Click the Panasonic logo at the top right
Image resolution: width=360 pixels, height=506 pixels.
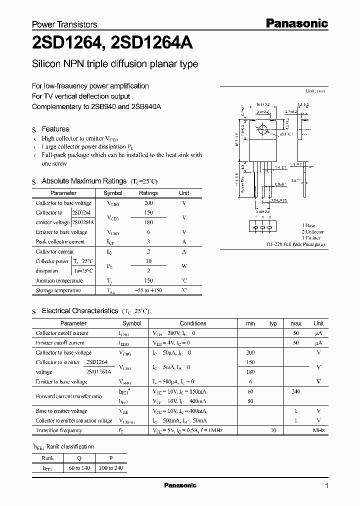[x=295, y=23]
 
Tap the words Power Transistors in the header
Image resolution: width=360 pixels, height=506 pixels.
[x=64, y=24]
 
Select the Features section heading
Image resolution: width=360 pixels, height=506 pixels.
[x=55, y=129]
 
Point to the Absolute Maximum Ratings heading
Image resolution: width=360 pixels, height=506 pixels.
[x=84, y=181]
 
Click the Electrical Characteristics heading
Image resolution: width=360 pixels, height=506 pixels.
[x=79, y=311]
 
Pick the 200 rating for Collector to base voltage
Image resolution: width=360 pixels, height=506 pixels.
[x=148, y=203]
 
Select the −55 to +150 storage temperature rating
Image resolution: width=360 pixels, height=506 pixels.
[x=148, y=290]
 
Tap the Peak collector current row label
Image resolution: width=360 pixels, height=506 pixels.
[x=60, y=241]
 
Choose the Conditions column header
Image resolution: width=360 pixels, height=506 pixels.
[x=192, y=323]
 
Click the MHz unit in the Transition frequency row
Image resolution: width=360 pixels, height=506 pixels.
[x=318, y=430]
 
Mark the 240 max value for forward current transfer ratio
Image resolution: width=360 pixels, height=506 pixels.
[x=295, y=391]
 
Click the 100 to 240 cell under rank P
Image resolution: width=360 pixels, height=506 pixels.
[x=110, y=467]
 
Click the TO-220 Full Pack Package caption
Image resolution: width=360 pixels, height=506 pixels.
[x=294, y=244]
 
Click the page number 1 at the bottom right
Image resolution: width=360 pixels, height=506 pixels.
[x=326, y=486]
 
